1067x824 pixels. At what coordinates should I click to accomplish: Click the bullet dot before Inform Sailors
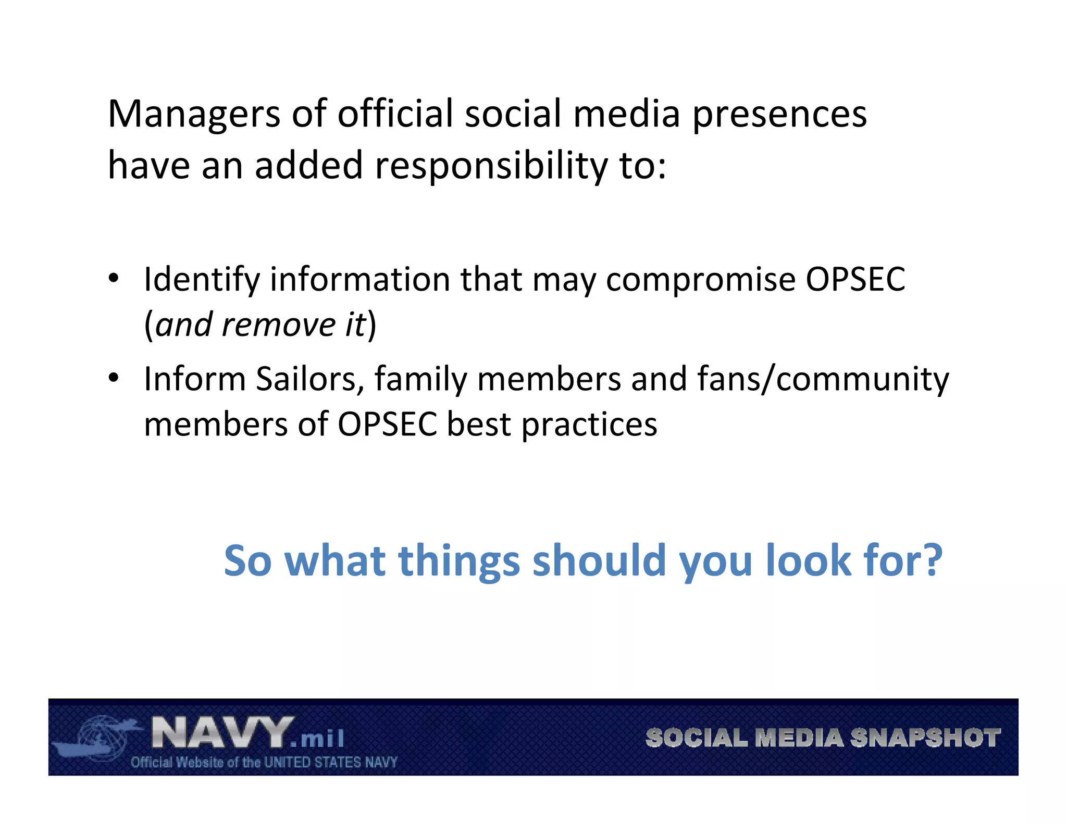[x=114, y=378]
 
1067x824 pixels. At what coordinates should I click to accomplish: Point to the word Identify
[x=201, y=280]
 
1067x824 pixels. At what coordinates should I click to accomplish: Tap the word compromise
[x=701, y=280]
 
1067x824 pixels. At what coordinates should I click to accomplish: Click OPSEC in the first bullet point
[x=855, y=280]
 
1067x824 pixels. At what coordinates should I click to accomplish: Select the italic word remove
[x=279, y=325]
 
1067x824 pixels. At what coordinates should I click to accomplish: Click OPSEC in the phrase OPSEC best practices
[x=387, y=424]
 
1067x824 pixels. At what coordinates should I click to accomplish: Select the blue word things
[x=459, y=560]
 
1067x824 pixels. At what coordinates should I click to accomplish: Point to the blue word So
[x=247, y=560]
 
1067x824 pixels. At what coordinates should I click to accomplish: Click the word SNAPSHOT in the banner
[x=925, y=738]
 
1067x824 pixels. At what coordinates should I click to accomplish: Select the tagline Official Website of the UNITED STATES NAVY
[x=264, y=763]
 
